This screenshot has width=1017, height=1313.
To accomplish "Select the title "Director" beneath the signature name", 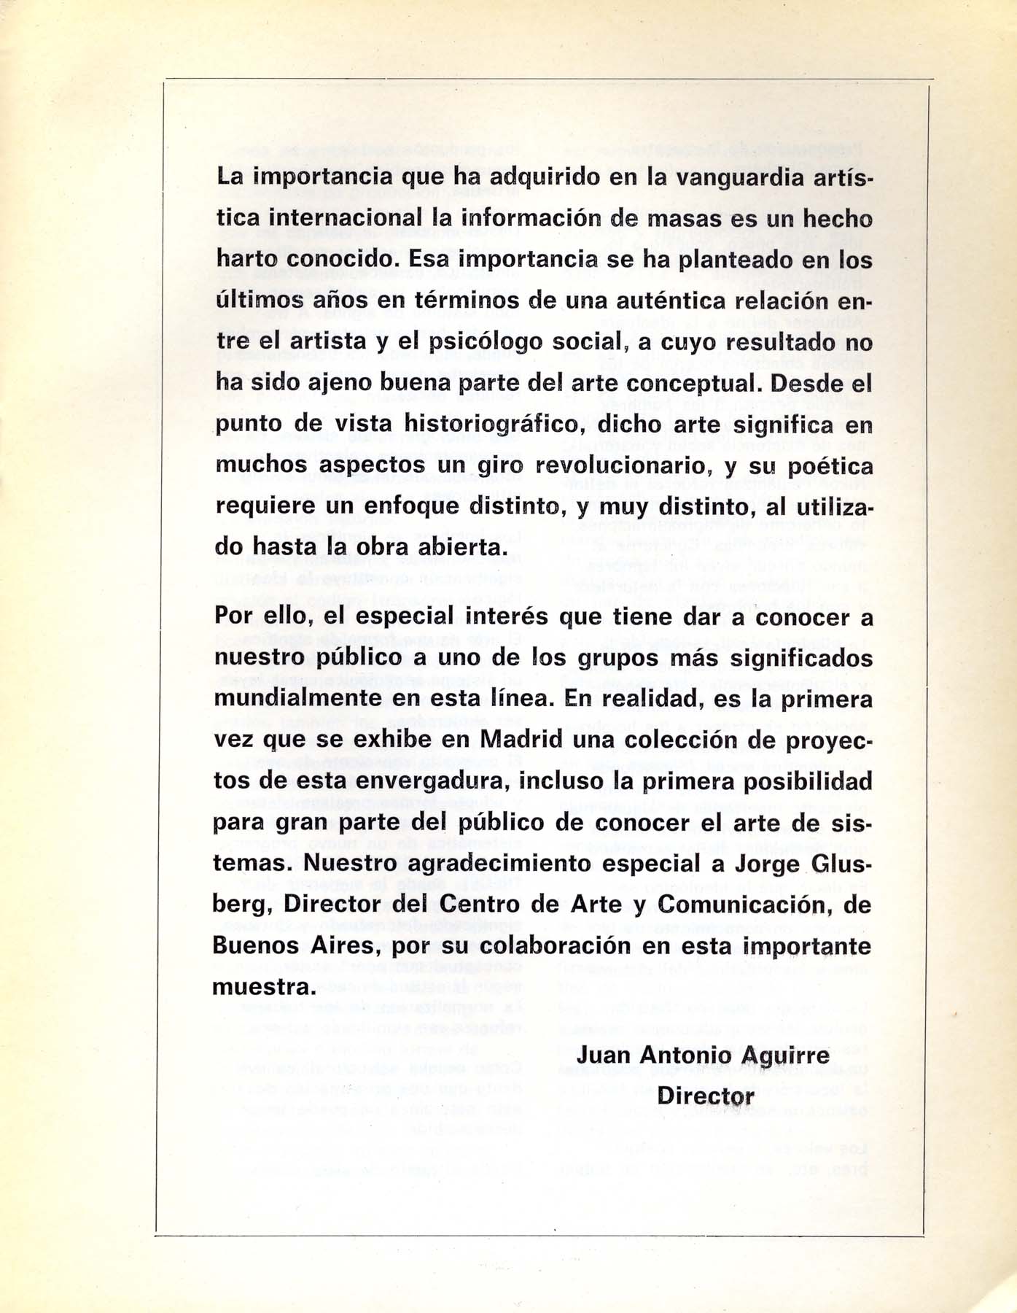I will click(706, 1096).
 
